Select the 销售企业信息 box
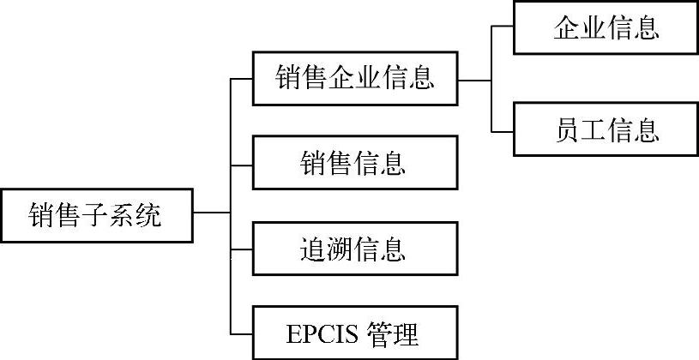[355, 79]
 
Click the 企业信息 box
[606, 29]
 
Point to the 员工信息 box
[606, 130]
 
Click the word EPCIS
[320, 332]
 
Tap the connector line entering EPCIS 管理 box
[242, 333]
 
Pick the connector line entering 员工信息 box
[503, 131]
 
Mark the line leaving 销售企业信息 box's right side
[474, 80]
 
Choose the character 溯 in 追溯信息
[340, 249]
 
